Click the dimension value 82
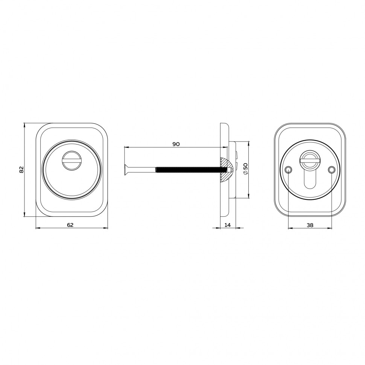[21, 169]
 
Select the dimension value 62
[70, 225]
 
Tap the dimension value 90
[176, 144]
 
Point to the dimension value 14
[227, 225]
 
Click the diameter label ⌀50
[245, 169]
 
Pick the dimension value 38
[310, 225]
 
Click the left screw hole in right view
[288, 170]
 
